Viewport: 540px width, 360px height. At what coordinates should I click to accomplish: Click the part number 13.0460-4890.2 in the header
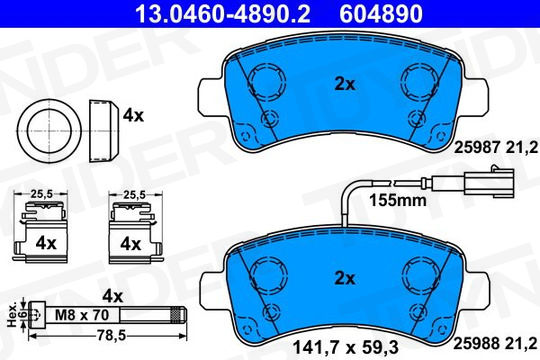223,14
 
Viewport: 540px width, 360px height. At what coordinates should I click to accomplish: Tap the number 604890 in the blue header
381,14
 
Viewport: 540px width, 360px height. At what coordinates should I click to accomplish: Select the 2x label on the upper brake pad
345,84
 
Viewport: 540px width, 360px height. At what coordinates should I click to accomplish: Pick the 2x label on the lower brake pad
345,278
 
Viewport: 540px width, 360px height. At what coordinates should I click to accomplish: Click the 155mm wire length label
398,200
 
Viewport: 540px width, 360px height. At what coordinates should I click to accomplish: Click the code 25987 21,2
496,148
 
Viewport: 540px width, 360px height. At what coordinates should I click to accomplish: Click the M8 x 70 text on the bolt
82,315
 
